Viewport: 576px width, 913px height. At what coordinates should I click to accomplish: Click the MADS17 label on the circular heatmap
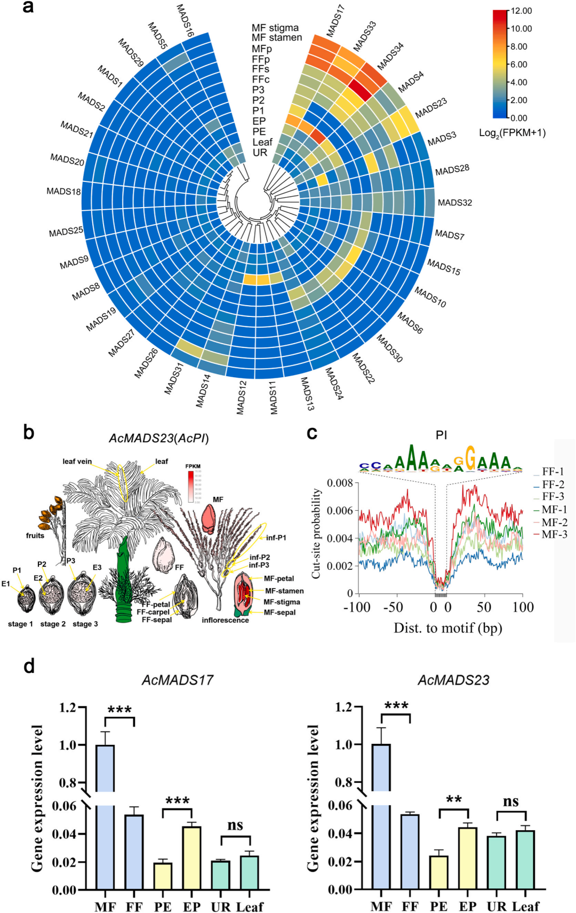click(x=335, y=20)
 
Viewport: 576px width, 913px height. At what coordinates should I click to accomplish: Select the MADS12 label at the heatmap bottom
click(x=242, y=397)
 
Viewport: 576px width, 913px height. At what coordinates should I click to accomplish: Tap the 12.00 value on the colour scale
click(x=521, y=11)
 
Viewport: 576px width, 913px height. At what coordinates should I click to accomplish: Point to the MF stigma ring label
click(x=275, y=28)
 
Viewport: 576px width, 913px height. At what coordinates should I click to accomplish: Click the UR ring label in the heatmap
click(x=260, y=153)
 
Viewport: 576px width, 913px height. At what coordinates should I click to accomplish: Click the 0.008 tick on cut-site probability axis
click(x=340, y=483)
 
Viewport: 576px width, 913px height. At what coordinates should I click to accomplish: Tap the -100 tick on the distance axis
click(x=357, y=607)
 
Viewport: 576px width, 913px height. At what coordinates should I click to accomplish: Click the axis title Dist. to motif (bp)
click(x=447, y=628)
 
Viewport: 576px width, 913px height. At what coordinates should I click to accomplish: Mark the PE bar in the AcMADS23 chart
click(x=438, y=872)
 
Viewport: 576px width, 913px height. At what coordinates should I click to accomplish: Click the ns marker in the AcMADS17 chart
click(x=235, y=825)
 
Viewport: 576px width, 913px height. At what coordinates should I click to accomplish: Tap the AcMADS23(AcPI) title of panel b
click(x=158, y=438)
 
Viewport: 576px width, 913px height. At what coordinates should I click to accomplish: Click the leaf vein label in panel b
click(x=77, y=462)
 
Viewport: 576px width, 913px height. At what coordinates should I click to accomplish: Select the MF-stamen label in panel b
click(x=284, y=591)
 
